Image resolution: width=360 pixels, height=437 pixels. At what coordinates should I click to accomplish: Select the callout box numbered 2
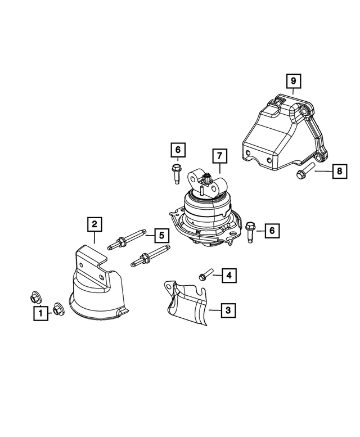click(94, 224)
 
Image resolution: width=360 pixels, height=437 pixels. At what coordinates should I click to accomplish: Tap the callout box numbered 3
click(228, 309)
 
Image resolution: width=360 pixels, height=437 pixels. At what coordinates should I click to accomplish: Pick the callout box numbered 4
click(228, 275)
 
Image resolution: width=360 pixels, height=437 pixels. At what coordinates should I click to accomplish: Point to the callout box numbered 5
click(161, 235)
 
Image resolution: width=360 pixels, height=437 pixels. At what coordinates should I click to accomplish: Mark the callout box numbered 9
click(292, 82)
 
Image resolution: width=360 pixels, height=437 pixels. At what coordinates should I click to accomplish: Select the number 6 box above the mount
click(177, 150)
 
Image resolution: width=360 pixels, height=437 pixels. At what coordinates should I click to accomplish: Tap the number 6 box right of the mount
click(272, 230)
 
